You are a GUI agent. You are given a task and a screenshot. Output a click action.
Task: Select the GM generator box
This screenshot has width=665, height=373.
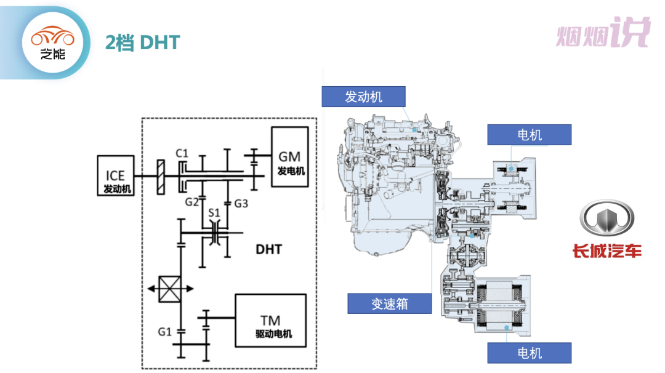[290, 156]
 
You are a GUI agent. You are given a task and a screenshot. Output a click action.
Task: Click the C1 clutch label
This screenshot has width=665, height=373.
[182, 152]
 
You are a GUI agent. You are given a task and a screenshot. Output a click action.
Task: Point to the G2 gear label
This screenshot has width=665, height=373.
[191, 202]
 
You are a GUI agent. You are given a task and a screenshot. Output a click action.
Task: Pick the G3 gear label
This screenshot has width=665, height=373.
[241, 202]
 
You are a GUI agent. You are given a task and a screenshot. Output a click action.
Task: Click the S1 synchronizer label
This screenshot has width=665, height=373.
[214, 212]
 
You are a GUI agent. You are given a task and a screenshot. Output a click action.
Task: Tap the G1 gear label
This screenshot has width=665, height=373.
[164, 332]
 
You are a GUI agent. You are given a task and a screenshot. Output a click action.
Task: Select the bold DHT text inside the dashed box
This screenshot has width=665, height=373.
[268, 249]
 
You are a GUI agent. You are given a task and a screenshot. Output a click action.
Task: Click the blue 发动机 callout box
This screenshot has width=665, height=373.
[363, 97]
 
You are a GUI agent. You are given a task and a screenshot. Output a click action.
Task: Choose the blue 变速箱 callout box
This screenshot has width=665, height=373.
[389, 303]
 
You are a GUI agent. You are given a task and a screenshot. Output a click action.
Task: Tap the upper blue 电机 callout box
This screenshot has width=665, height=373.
[529, 135]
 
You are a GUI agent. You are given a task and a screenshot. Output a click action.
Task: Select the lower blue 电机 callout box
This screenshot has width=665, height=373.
[529, 353]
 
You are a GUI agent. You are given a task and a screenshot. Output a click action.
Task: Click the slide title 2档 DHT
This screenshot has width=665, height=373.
[142, 42]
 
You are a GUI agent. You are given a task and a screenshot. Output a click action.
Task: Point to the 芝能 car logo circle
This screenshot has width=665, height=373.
[52, 42]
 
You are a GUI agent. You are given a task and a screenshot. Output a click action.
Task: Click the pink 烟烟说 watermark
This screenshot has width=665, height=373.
[603, 34]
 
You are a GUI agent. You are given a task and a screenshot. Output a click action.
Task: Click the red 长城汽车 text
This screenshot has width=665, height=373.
[607, 251]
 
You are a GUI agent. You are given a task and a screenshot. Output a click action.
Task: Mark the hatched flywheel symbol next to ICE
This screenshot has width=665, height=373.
[160, 177]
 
